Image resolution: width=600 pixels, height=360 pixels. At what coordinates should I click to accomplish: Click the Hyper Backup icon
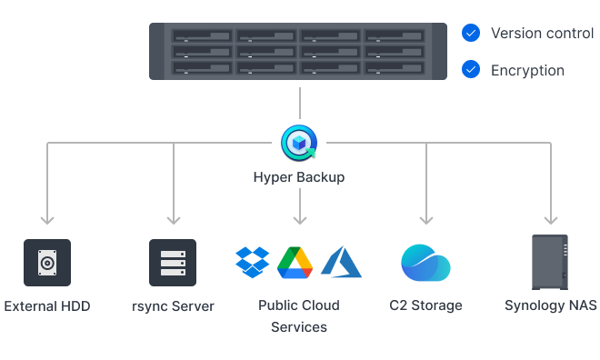coord(298,143)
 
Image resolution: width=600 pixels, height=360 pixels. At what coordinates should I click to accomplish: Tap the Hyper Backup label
coord(298,176)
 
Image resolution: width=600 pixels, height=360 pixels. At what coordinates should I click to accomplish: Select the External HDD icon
coord(47,263)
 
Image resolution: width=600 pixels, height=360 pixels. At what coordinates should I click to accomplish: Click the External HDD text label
coord(47,305)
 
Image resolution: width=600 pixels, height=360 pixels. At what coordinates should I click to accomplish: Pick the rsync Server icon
coord(173,263)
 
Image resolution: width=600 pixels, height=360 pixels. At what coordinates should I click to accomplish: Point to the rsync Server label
coord(173,305)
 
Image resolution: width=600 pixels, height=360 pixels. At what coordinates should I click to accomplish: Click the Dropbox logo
coord(253,262)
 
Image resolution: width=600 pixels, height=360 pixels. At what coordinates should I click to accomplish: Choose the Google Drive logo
coord(295,262)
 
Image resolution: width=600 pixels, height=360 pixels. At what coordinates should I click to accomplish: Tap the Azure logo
coord(341,262)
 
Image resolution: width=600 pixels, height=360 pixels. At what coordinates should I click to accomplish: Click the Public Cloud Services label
coord(298,315)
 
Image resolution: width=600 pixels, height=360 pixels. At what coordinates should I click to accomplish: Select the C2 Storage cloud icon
coord(425,263)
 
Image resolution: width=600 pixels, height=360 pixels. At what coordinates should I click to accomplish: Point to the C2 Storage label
coord(425,305)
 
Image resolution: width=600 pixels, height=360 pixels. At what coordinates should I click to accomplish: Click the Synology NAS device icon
coord(550,263)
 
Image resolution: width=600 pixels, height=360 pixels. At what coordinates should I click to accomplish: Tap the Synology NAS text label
coord(551,305)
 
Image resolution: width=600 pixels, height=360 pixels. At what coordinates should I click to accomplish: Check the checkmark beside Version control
coord(470,34)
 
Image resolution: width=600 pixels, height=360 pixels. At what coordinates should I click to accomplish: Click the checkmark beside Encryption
coord(470,69)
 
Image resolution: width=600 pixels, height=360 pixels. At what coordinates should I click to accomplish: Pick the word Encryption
coord(527,70)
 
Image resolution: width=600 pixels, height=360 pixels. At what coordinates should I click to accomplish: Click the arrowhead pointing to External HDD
coord(47,219)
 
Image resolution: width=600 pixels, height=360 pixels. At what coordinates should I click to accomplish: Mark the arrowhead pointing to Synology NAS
coord(550,219)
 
